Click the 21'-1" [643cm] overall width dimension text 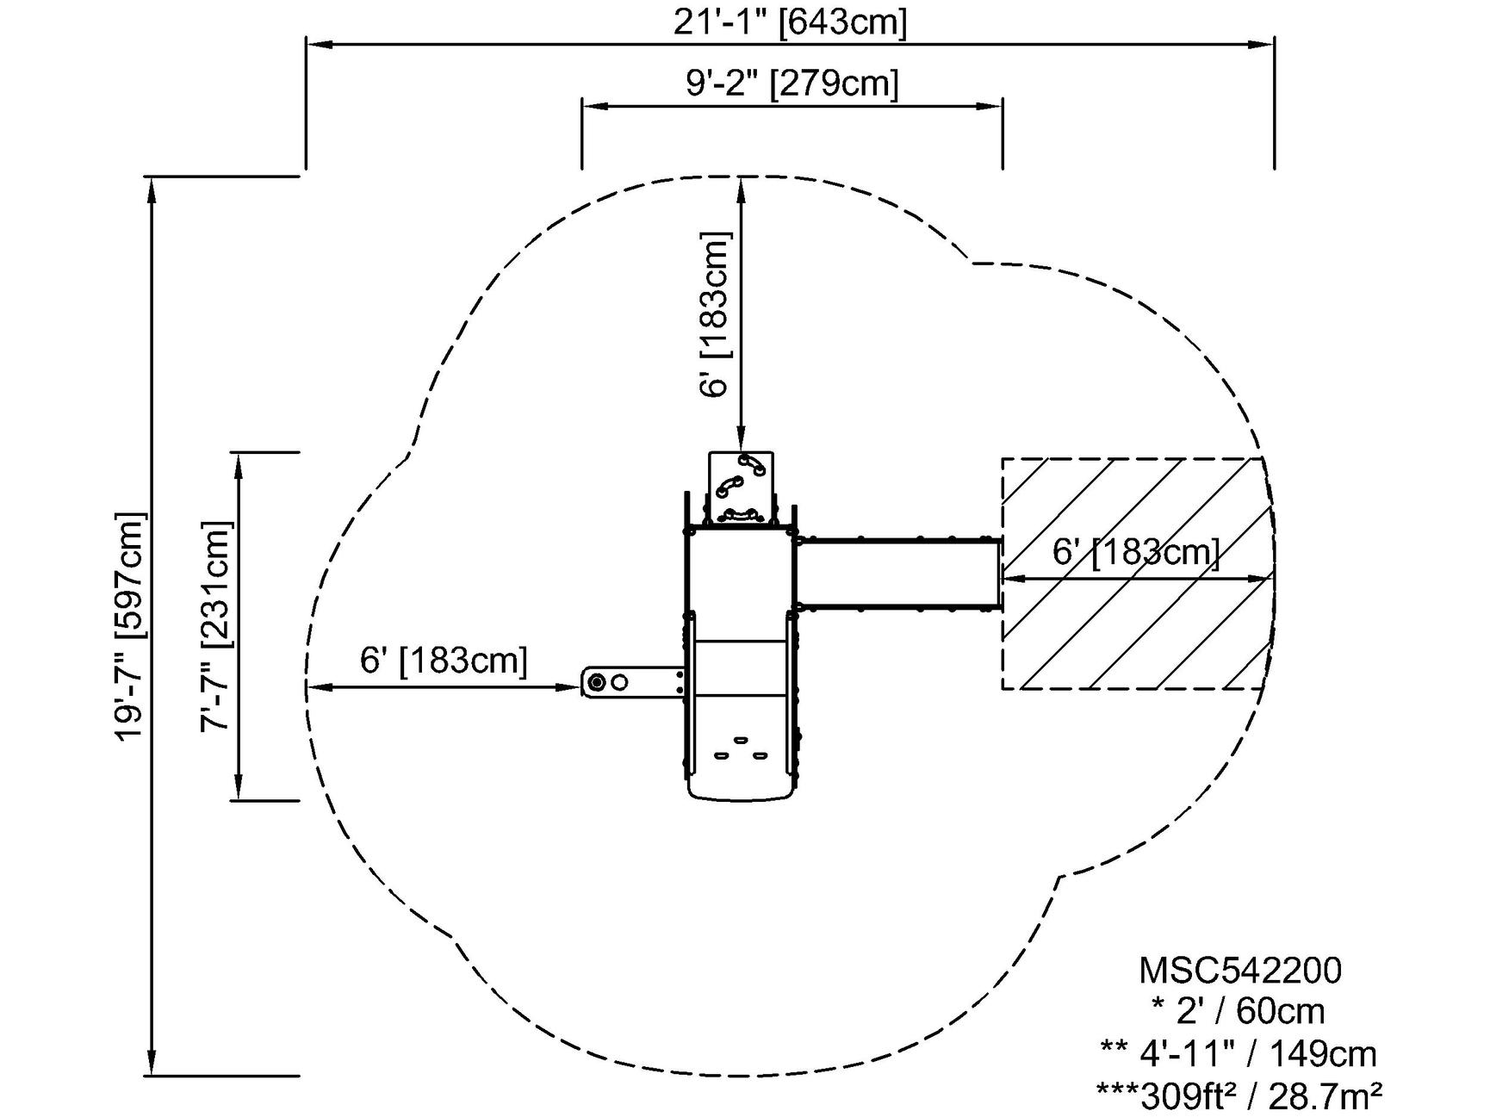(790, 22)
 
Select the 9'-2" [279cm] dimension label (792, 84)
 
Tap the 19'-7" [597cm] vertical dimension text (131, 626)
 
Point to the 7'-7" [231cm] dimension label (216, 626)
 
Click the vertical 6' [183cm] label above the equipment (716, 314)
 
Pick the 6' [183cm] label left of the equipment (444, 661)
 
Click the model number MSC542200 (1239, 971)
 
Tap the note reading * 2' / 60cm (1239, 1011)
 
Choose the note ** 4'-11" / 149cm (1239, 1053)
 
